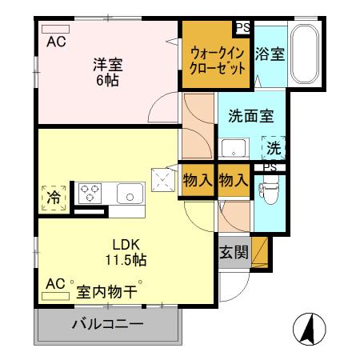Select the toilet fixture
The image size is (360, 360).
(x=268, y=190)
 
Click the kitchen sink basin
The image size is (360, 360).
(x=129, y=193)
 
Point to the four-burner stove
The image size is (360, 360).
(x=90, y=193)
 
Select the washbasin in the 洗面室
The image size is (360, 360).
(x=234, y=149)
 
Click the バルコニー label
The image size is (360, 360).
(x=107, y=325)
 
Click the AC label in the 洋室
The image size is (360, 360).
(x=55, y=42)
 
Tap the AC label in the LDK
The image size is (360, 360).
(x=55, y=284)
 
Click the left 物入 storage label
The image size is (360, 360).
(x=198, y=181)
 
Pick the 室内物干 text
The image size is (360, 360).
(x=106, y=291)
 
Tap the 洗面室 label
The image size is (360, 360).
(x=250, y=114)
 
